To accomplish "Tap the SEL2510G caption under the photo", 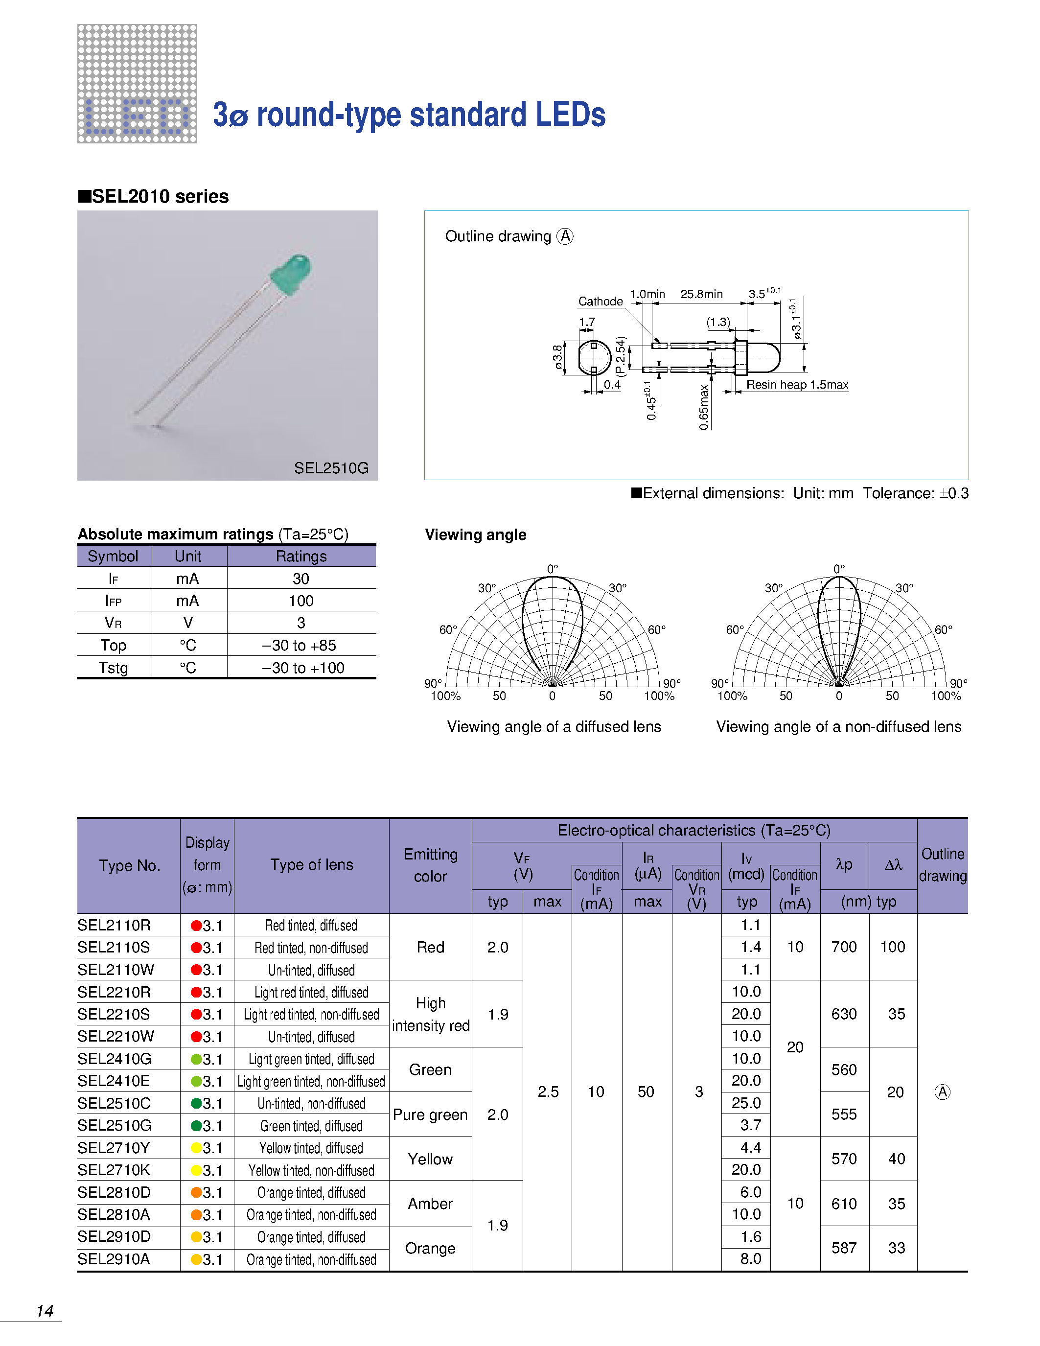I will pyautogui.click(x=331, y=468).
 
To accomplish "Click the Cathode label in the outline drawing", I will pyautogui.click(x=600, y=302).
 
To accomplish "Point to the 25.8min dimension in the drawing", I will pyautogui.click(x=701, y=294).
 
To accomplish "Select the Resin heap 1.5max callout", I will pyautogui.click(x=797, y=385).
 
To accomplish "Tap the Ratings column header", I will pyautogui.click(x=300, y=556).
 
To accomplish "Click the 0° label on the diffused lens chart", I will pyautogui.click(x=553, y=568).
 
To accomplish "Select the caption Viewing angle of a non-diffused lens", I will pyautogui.click(x=838, y=727).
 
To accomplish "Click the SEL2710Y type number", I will pyautogui.click(x=114, y=1148).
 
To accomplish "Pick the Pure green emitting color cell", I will pyautogui.click(x=430, y=1114).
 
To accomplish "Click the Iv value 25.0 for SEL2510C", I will pyautogui.click(x=746, y=1103).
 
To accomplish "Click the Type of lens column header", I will pyautogui.click(x=311, y=865).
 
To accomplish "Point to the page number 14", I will pyautogui.click(x=45, y=1311).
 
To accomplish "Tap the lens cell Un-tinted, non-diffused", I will pyautogui.click(x=311, y=1103).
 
